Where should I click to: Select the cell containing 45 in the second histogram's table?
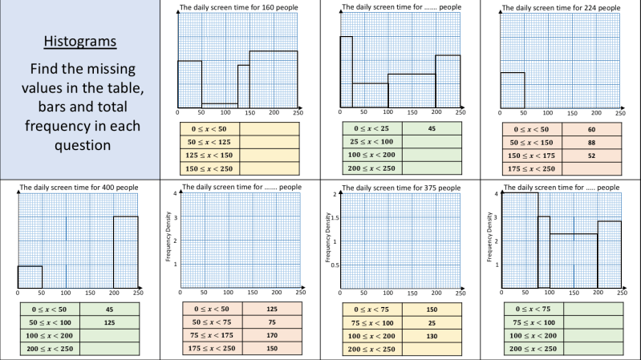pyautogui.click(x=431, y=128)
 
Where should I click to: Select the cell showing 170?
pyautogui.click(x=272, y=335)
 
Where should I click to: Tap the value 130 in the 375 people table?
pyautogui.click(x=431, y=335)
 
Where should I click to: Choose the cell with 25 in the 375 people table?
pyautogui.click(x=431, y=322)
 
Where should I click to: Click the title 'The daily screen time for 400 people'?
pyautogui.click(x=79, y=187)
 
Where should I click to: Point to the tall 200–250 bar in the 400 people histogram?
pyautogui.click(x=125, y=252)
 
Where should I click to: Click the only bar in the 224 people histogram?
pyautogui.click(x=513, y=91)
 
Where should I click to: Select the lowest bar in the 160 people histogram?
pyautogui.click(x=219, y=106)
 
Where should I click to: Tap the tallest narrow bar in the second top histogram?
pyautogui.click(x=346, y=72)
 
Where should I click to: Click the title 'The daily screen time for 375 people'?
pyautogui.click(x=401, y=188)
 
